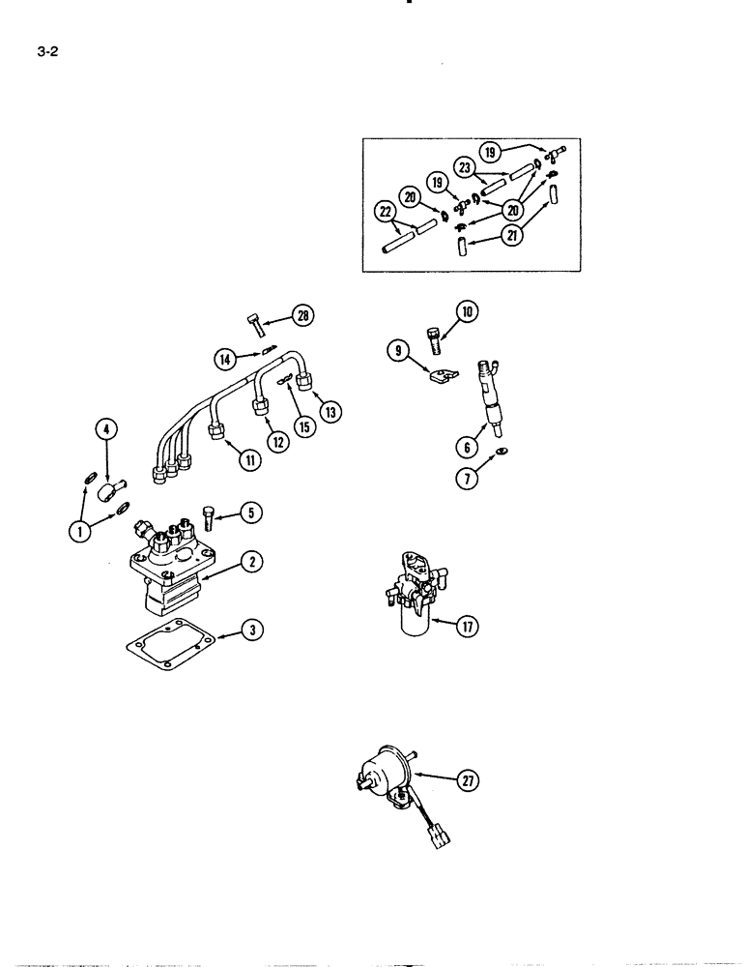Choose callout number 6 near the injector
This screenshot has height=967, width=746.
click(470, 446)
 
